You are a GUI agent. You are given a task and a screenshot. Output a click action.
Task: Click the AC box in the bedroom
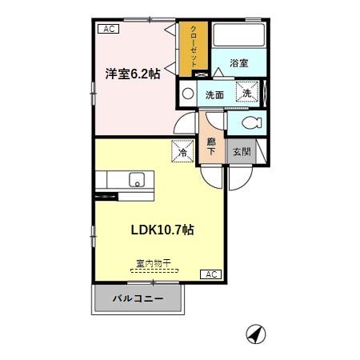[108, 30]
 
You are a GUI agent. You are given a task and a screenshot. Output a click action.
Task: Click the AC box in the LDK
[211, 274]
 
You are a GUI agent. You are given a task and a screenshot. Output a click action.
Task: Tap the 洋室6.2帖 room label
[132, 74]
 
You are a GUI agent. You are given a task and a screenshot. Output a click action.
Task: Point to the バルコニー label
[138, 299]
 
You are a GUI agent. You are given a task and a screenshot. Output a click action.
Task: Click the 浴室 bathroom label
[238, 62]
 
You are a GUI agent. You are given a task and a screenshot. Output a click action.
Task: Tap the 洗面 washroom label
[214, 94]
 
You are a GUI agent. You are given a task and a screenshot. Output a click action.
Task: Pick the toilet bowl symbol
[251, 123]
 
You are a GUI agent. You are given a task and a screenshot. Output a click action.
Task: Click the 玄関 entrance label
[240, 150]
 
